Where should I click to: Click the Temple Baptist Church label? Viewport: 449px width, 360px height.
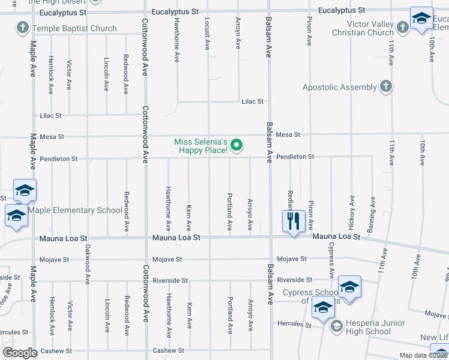tap(74, 28)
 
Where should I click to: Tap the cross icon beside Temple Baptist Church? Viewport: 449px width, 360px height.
tap(23, 28)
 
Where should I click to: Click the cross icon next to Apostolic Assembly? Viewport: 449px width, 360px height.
tap(386, 87)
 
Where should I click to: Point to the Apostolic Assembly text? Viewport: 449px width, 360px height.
tap(339, 87)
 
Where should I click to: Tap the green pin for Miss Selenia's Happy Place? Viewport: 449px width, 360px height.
tap(237, 145)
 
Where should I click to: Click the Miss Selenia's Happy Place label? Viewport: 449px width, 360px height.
tap(201, 146)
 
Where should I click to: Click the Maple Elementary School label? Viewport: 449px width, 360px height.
tap(75, 210)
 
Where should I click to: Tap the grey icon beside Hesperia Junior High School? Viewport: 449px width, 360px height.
tap(337, 325)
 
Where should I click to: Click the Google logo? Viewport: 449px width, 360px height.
tap(20, 353)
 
